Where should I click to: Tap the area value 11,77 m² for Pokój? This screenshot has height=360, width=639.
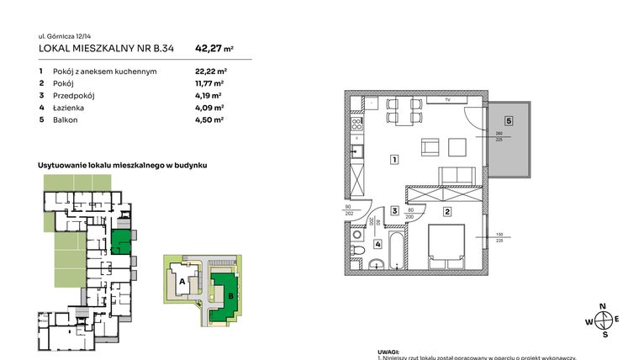(x=209, y=83)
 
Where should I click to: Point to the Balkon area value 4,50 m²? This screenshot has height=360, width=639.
(x=209, y=120)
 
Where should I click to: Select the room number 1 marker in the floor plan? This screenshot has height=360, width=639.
(x=393, y=159)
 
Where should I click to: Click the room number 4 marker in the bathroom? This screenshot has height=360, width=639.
(x=378, y=245)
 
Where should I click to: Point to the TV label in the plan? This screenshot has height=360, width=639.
(x=448, y=100)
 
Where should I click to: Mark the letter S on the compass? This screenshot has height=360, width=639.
(x=603, y=334)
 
